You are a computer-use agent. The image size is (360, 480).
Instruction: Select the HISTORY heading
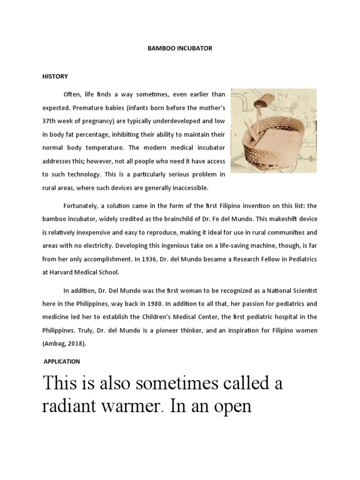coord(55,76)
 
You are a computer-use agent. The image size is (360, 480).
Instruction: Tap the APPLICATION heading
coord(62,361)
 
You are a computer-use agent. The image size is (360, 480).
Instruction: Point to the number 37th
coord(50,121)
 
